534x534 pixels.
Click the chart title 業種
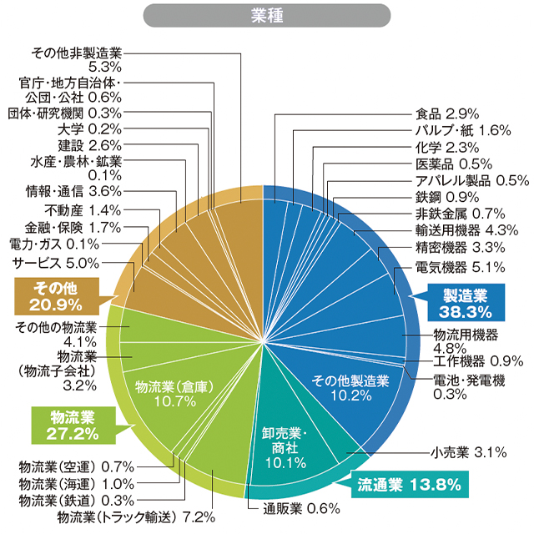[x=267, y=16]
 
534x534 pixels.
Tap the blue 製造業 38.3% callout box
[x=464, y=303]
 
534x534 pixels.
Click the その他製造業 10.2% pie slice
[x=350, y=387]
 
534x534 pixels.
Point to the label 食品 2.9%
[x=446, y=113]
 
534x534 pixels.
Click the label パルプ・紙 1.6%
[x=462, y=129]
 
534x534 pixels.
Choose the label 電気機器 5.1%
[x=460, y=268]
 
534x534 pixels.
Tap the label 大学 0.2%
[x=90, y=129]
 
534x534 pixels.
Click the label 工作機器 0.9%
[x=478, y=361]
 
